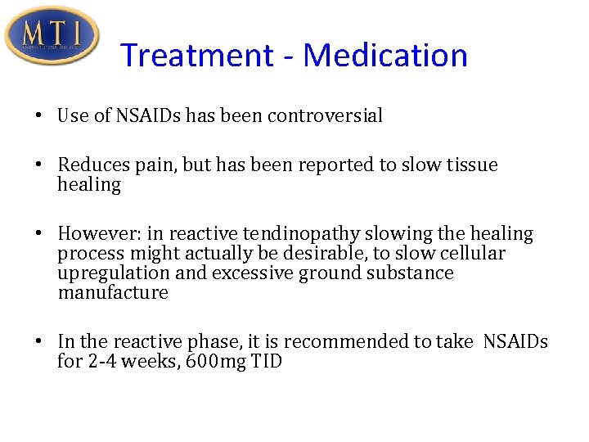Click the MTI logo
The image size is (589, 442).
pyautogui.click(x=52, y=35)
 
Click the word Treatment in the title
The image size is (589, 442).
pyautogui.click(x=196, y=56)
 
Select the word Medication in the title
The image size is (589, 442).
pyautogui.click(x=385, y=56)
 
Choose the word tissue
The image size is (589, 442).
pyautogui.click(x=472, y=165)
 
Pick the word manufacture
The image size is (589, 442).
pyautogui.click(x=113, y=293)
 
